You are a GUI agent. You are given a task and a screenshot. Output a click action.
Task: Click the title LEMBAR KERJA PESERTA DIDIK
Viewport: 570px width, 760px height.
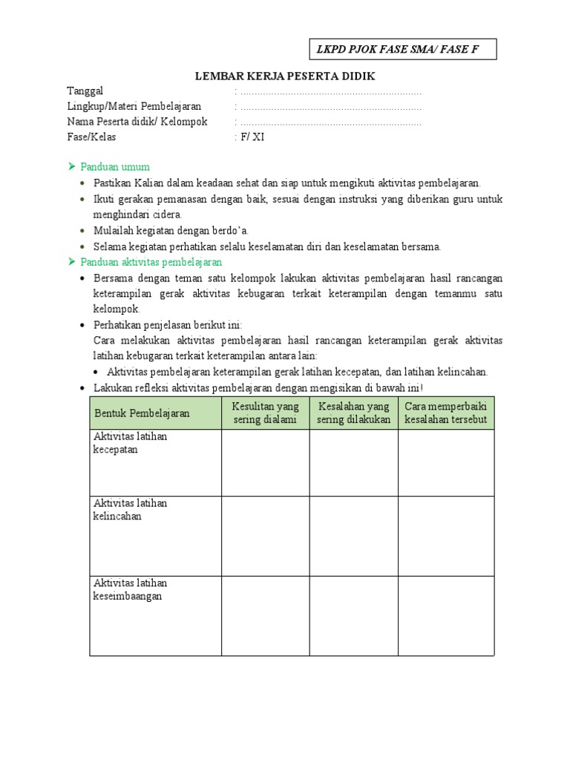[x=285, y=76]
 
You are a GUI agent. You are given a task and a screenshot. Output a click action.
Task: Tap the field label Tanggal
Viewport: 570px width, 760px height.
[x=85, y=91]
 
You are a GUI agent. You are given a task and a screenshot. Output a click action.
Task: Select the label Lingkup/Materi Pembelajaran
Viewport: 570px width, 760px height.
[x=134, y=107]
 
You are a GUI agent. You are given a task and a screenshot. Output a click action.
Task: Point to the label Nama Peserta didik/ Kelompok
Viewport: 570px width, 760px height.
[x=137, y=122]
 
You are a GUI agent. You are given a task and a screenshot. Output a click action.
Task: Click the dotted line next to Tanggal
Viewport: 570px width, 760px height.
[x=331, y=92]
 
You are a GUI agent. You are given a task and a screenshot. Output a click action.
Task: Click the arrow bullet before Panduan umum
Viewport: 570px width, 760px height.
[x=72, y=166]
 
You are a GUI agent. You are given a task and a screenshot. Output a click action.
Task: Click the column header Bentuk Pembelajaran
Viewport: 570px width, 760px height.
[x=142, y=413]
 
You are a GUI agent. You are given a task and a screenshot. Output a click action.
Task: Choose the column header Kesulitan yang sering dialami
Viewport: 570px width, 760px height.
[x=265, y=413]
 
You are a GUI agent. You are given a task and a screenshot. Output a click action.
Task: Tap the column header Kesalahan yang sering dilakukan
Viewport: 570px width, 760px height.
[x=353, y=413]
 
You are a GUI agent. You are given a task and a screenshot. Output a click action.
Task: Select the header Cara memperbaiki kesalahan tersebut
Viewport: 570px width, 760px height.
[x=446, y=413]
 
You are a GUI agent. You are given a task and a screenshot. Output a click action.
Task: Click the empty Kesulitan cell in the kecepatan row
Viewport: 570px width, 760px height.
[x=265, y=462]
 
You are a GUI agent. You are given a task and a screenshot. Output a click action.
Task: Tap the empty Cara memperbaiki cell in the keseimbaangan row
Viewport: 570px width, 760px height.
[x=446, y=616]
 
